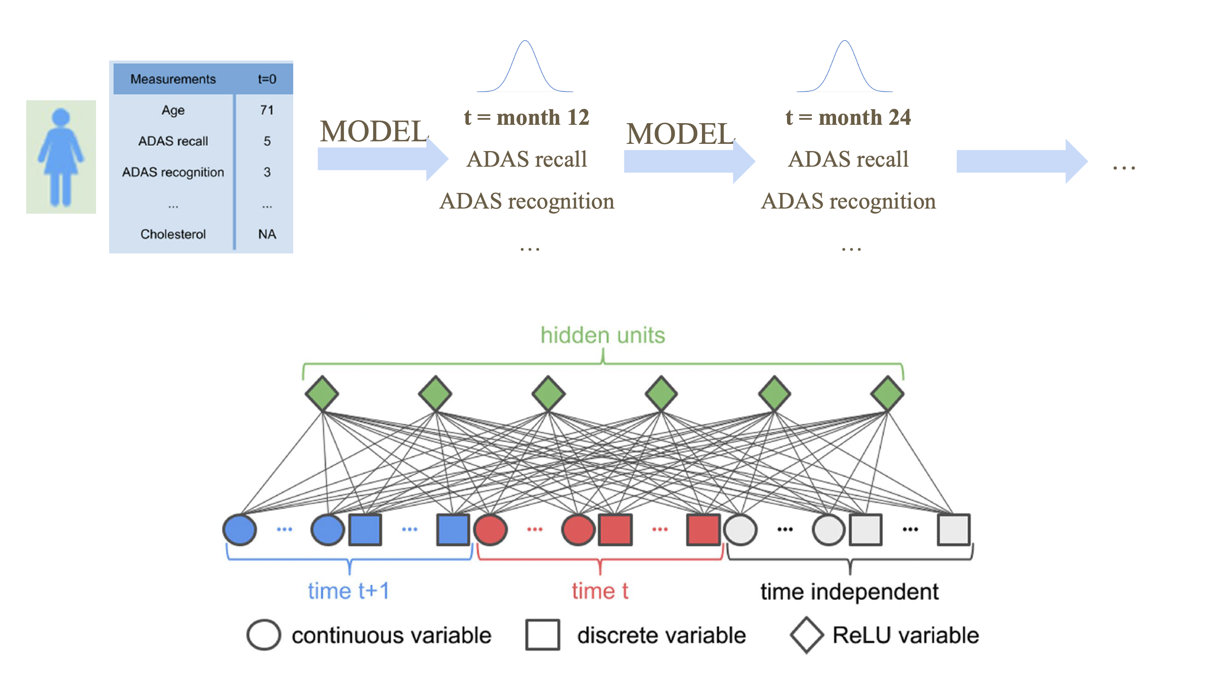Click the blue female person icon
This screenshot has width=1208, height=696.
coord(61,157)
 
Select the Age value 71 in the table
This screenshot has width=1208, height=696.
coord(267,110)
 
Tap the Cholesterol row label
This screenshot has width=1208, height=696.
coord(173,234)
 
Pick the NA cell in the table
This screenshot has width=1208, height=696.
coord(267,234)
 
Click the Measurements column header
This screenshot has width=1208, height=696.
coord(173,79)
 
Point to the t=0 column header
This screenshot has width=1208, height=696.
coord(267,79)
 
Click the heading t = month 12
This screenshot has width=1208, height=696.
coord(526,118)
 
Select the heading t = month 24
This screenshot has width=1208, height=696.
coord(848,118)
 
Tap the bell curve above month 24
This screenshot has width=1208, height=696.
coord(845,67)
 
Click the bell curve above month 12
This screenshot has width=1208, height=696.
coord(526,67)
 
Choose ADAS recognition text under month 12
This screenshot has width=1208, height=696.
coord(527,201)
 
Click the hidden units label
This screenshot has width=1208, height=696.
coord(603,336)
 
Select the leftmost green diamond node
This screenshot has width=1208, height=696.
coord(322,393)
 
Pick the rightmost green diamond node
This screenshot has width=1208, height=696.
coord(887,393)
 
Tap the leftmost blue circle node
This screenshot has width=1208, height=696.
coord(239,530)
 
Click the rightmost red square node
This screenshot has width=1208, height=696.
coord(703,530)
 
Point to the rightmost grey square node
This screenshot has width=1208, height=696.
coord(953,530)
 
